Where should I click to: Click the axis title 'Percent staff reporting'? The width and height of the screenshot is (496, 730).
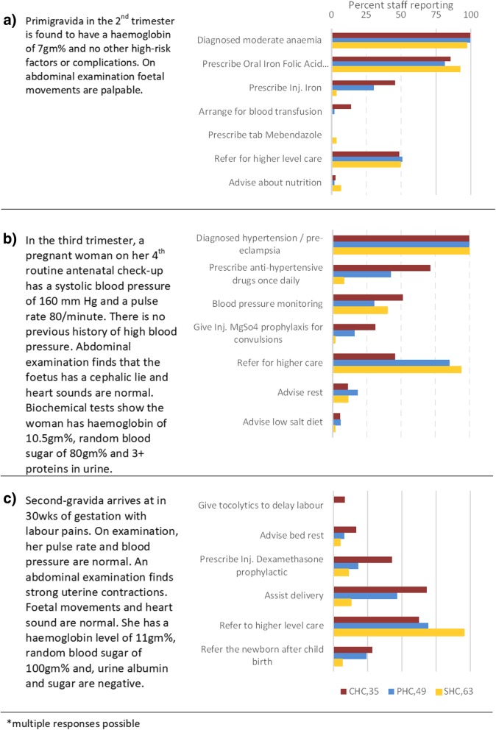pos(401,5)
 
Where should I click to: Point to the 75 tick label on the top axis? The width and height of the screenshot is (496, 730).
pos(436,15)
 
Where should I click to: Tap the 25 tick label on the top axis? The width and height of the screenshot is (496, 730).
pos(366,15)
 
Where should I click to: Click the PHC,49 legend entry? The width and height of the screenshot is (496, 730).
pos(405,692)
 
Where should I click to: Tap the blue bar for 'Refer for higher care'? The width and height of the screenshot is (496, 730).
pos(392,362)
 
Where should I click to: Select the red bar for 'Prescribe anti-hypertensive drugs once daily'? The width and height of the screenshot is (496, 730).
pos(381,267)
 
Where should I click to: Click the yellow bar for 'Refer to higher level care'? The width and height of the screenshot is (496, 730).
pos(399,632)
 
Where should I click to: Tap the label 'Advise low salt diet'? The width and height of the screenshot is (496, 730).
pos(283,422)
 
